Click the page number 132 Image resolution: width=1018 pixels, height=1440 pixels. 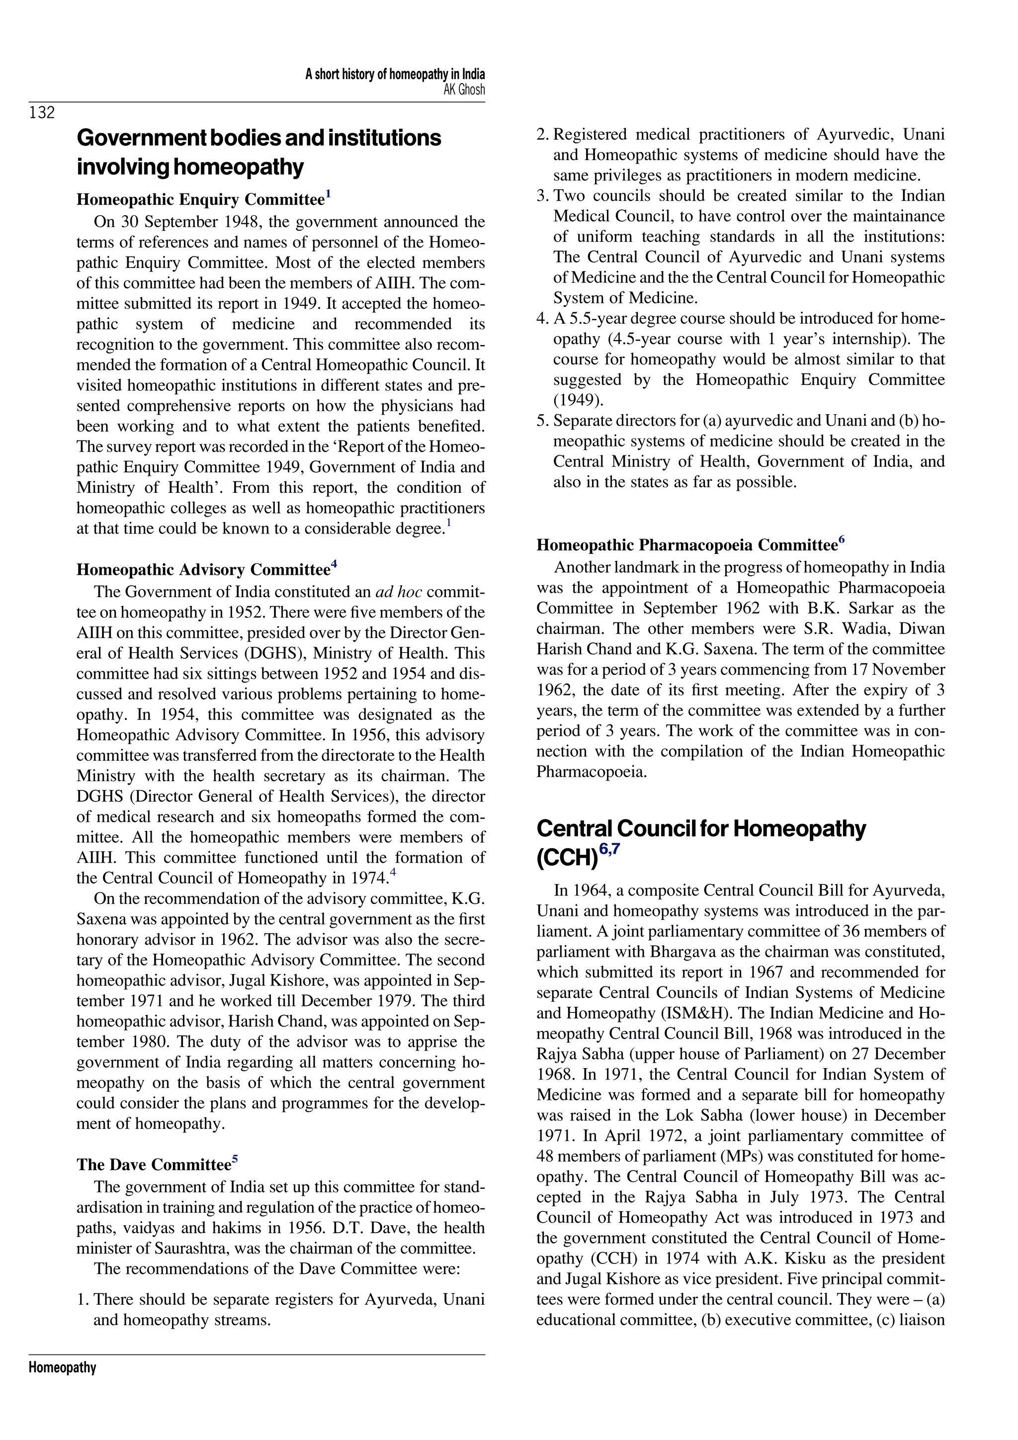(x=42, y=112)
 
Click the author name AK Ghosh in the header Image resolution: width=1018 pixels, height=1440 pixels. (x=464, y=90)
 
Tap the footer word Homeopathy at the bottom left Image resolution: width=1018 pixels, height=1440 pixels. (x=62, y=1367)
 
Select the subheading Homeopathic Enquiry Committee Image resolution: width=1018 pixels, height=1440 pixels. (x=200, y=199)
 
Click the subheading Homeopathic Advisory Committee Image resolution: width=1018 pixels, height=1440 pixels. (x=203, y=569)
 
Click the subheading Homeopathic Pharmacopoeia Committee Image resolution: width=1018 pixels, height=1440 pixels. (x=687, y=545)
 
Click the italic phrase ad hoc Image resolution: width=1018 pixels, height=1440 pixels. (x=398, y=592)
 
